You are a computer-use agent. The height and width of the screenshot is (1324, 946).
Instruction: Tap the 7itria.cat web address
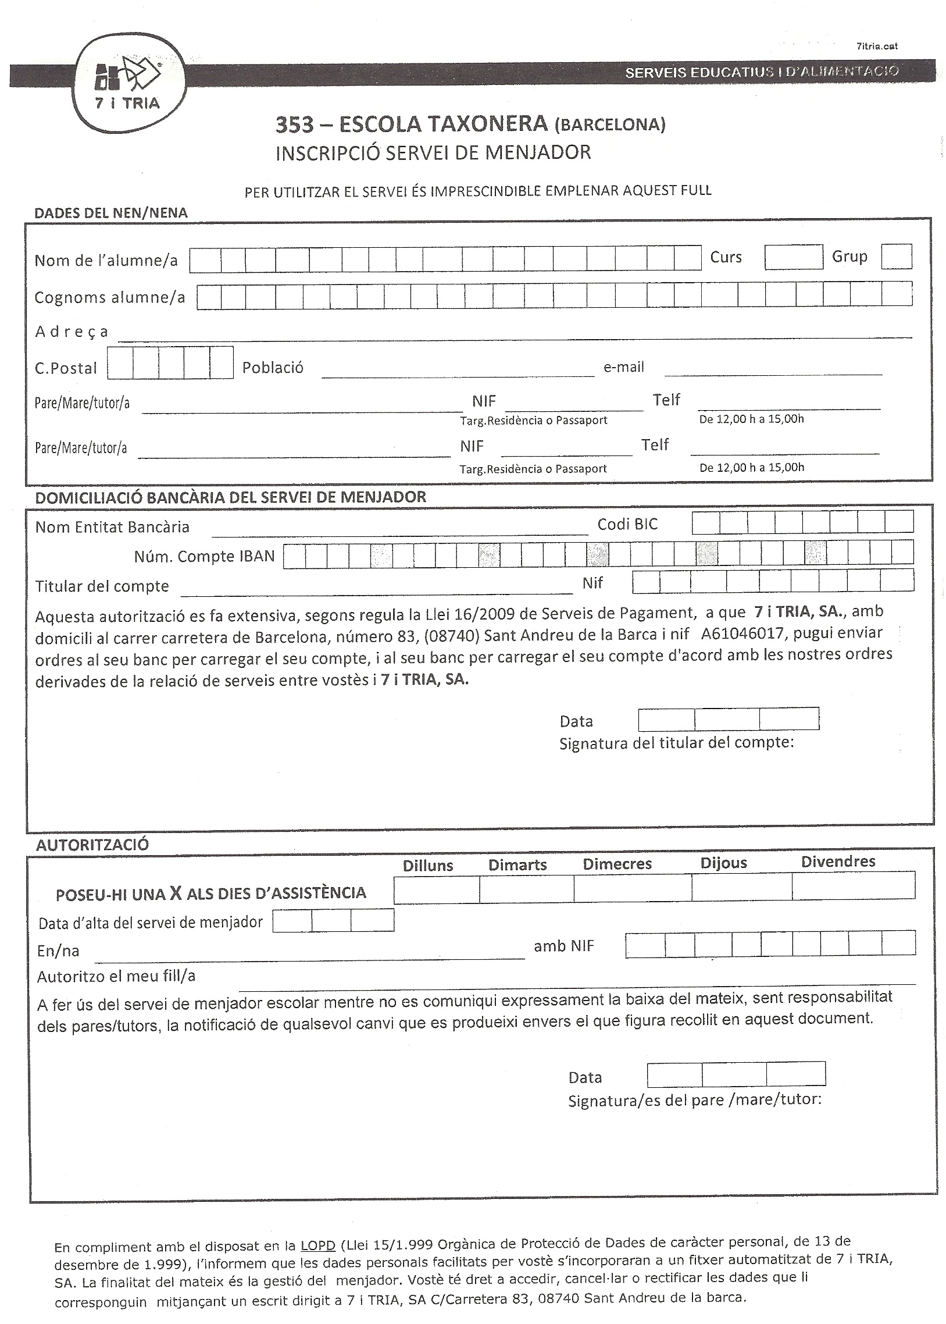[x=877, y=47]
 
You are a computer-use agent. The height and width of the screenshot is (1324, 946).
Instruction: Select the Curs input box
[x=793, y=257]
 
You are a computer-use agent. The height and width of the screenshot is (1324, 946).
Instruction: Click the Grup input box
[x=896, y=257]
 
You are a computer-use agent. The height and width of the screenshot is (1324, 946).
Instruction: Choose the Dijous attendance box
[x=741, y=888]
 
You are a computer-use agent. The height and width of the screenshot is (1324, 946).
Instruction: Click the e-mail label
[x=623, y=367]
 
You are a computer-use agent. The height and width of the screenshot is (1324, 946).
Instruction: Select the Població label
[x=273, y=368]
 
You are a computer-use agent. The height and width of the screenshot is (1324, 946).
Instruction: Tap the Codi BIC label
[x=627, y=525]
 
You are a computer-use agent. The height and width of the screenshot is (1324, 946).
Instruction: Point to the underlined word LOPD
[x=317, y=1246]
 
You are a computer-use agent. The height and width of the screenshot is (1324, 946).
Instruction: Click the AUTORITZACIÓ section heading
[x=92, y=845]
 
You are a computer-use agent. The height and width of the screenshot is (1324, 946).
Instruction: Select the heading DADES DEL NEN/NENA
[x=110, y=213]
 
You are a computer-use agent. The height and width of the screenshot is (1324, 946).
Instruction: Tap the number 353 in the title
[x=294, y=124]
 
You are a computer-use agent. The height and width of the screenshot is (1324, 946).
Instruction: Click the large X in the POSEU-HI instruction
[x=176, y=893]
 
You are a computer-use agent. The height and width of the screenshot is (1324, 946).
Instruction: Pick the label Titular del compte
[x=102, y=586]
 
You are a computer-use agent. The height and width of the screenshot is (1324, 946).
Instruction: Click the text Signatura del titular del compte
[x=676, y=743]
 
